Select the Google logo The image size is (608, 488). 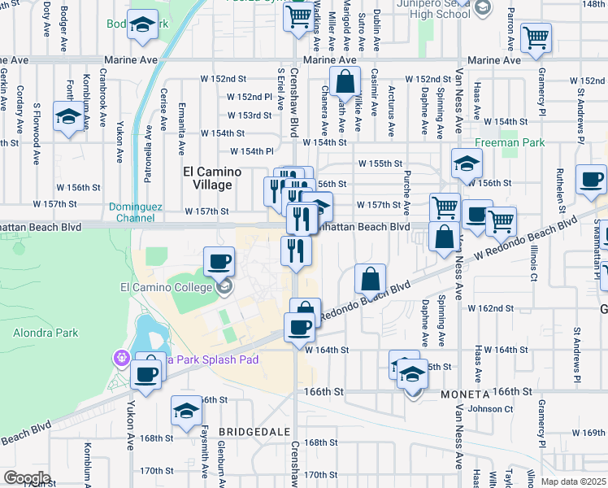coord(27,478)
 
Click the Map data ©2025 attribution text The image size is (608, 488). coord(574,481)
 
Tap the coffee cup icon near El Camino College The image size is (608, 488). coord(218,262)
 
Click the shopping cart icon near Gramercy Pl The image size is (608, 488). coord(536,37)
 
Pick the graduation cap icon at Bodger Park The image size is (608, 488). coord(143,24)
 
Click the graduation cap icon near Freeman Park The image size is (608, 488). coord(467,163)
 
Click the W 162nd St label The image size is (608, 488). coord(489,308)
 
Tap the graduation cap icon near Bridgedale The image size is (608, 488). coord(186,411)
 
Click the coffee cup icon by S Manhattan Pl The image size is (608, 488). coord(591,180)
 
